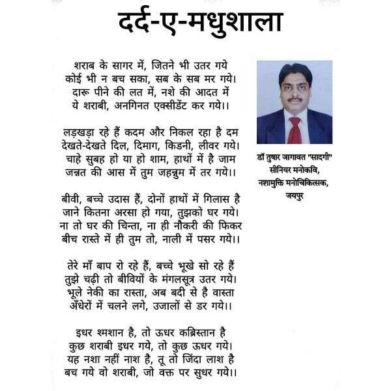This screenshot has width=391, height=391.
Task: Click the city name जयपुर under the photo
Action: click(294, 195)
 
